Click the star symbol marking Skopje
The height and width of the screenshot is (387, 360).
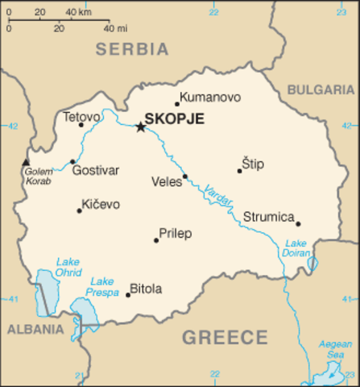140,127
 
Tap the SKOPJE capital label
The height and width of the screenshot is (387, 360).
174,119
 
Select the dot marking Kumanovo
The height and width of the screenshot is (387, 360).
176,103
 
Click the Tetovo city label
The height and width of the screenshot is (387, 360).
81,116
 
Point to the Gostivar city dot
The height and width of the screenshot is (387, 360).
72,161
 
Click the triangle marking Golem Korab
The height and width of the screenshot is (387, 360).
25,162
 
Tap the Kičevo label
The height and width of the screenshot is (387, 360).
100,205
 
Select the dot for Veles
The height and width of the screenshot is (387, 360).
184,177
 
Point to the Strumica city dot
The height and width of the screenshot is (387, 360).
298,223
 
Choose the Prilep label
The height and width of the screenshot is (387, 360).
175,234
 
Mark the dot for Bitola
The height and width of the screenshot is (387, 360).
127,294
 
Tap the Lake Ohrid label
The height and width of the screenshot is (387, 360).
68,266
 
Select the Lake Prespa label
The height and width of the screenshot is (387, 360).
102,286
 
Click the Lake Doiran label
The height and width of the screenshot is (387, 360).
296,249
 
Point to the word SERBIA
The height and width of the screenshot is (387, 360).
132,49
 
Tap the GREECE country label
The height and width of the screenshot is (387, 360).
224,337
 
